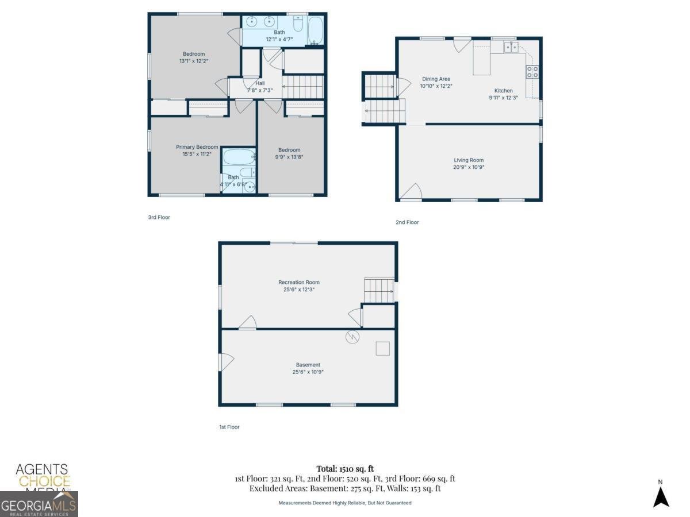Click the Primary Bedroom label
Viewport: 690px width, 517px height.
point(197,147)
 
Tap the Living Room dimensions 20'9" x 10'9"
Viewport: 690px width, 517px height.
point(469,167)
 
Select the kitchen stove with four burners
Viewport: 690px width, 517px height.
point(532,72)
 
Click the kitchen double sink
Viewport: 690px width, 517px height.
point(511,47)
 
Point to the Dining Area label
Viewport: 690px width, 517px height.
point(436,79)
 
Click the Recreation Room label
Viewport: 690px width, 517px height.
point(298,282)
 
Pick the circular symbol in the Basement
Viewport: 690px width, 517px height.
point(352,337)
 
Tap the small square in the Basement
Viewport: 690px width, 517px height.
point(382,349)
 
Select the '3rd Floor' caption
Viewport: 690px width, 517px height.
point(159,217)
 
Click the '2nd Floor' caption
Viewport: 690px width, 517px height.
point(407,222)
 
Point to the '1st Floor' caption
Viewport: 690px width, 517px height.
point(229,427)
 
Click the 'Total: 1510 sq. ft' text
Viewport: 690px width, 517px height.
point(345,469)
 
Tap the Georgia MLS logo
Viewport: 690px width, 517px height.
point(39,504)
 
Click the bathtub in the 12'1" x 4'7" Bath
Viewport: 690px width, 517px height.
point(315,30)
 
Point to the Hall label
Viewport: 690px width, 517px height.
point(260,83)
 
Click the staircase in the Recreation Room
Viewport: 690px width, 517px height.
point(379,290)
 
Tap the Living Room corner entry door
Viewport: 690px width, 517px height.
point(411,191)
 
